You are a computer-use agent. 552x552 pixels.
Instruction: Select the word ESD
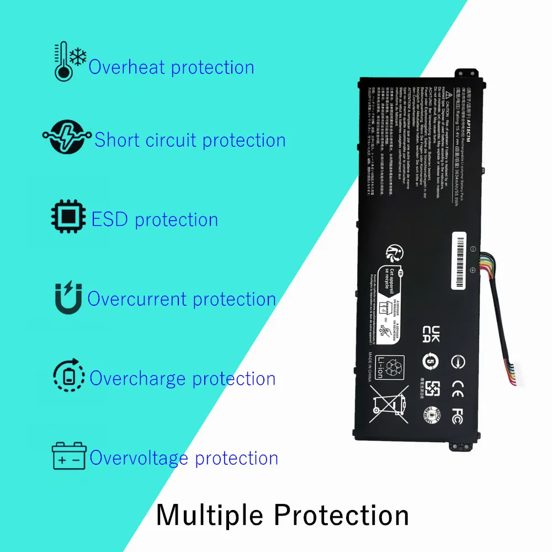(110, 219)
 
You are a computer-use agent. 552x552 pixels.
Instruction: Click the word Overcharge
(137, 378)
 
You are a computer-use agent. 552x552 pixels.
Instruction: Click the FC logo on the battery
(457, 414)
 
